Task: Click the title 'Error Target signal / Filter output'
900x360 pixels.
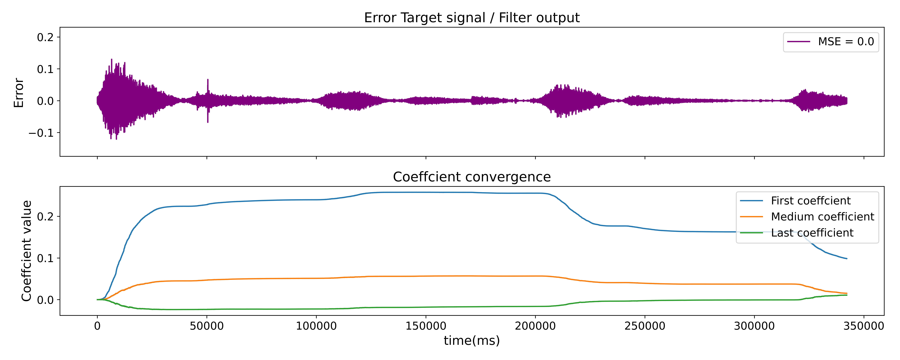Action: [x=472, y=17]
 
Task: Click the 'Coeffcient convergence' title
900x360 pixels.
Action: [x=472, y=177]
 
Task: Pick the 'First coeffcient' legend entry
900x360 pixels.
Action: [x=811, y=201]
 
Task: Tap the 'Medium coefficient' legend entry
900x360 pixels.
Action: [x=822, y=217]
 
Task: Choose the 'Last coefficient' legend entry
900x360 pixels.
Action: [x=812, y=233]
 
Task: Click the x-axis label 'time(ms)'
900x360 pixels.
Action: [x=472, y=340]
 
